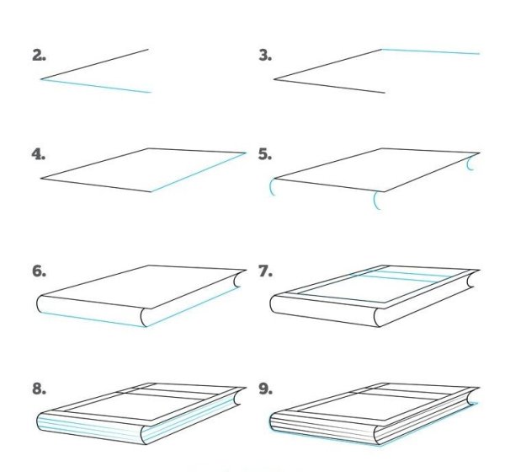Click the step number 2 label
(x=39, y=56)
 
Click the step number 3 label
(x=265, y=56)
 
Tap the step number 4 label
(x=39, y=155)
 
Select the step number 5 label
(x=265, y=155)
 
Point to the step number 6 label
(x=39, y=272)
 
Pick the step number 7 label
(x=265, y=272)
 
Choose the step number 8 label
(x=39, y=389)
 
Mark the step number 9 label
(x=265, y=389)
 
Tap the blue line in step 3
(x=431, y=51)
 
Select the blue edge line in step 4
(x=199, y=173)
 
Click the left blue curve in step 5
(x=271, y=188)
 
